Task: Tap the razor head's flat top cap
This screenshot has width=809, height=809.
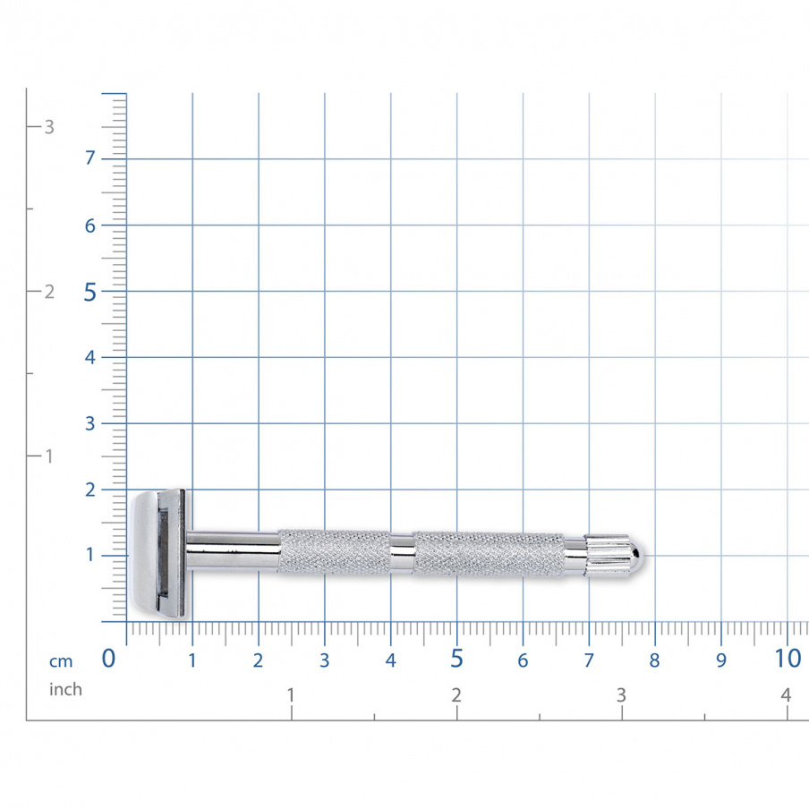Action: click(x=143, y=554)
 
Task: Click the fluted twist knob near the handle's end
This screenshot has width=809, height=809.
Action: click(x=606, y=555)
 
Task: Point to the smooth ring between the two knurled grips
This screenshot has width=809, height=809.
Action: click(x=402, y=554)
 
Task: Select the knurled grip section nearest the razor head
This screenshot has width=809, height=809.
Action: click(x=335, y=551)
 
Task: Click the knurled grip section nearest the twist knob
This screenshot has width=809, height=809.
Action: click(x=488, y=554)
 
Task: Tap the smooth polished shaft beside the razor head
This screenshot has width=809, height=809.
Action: click(x=233, y=550)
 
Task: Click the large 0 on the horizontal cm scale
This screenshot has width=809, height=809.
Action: click(x=108, y=659)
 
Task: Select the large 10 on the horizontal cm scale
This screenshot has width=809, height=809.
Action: click(x=788, y=659)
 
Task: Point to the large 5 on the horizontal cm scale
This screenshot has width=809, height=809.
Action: click(x=456, y=659)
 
